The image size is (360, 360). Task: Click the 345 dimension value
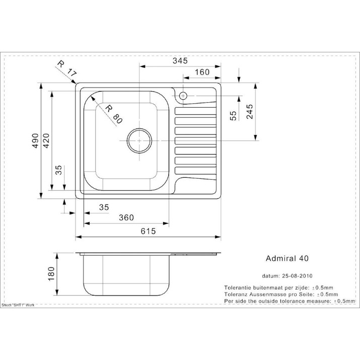coord(180,60)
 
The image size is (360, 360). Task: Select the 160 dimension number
coord(202,72)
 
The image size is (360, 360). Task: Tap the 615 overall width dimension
coord(148,231)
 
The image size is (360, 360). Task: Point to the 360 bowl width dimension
coord(126,218)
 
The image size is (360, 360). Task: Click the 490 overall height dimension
coord(35,140)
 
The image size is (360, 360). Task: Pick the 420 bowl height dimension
coord(46,140)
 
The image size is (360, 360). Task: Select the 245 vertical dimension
coord(250,112)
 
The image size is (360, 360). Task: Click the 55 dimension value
coord(233,116)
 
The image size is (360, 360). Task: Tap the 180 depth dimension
coord(51,273)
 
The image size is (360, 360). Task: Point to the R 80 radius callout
coord(113,114)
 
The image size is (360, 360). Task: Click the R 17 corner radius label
coord(66,68)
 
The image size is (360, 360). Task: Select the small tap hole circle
coord(183,96)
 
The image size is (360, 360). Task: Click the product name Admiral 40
coord(287,258)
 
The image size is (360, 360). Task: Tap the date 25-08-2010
coord(297,276)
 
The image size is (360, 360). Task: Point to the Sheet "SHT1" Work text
coord(18,305)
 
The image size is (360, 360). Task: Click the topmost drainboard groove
coord(195,111)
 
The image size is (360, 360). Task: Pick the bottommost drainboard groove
coord(195,171)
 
